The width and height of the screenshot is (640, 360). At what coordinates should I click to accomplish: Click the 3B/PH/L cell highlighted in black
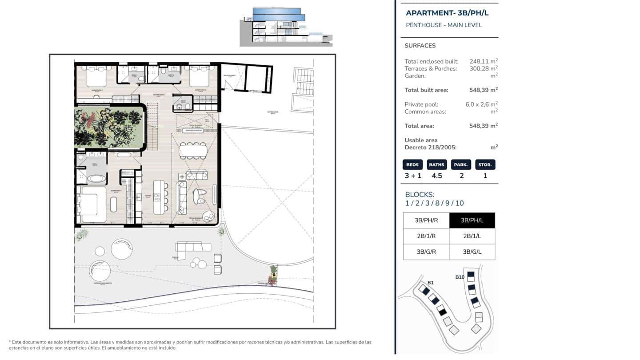coord(472,220)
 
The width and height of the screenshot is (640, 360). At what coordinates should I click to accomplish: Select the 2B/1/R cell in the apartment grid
coord(426,236)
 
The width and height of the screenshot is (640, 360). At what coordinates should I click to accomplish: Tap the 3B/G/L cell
coord(472,252)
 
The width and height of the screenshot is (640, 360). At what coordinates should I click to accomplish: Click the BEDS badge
coord(412,165)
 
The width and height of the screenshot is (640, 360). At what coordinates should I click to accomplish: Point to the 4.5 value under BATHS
coord(436,176)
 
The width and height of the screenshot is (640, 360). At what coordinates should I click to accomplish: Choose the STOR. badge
coord(485,165)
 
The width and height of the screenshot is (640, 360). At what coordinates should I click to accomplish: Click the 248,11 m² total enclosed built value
coord(483,61)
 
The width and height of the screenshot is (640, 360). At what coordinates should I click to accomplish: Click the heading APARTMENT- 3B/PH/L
coord(447,13)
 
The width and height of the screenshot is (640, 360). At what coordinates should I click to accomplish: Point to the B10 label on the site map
coord(460,277)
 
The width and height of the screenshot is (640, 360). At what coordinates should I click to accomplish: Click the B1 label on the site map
coord(430,283)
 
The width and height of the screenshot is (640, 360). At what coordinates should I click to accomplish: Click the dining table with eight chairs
coord(193,150)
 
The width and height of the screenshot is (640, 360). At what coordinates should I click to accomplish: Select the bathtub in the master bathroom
coord(96,179)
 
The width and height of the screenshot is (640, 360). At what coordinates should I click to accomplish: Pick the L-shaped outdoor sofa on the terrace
coord(192,247)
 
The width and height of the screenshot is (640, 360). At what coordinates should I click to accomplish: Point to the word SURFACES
coord(420,46)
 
